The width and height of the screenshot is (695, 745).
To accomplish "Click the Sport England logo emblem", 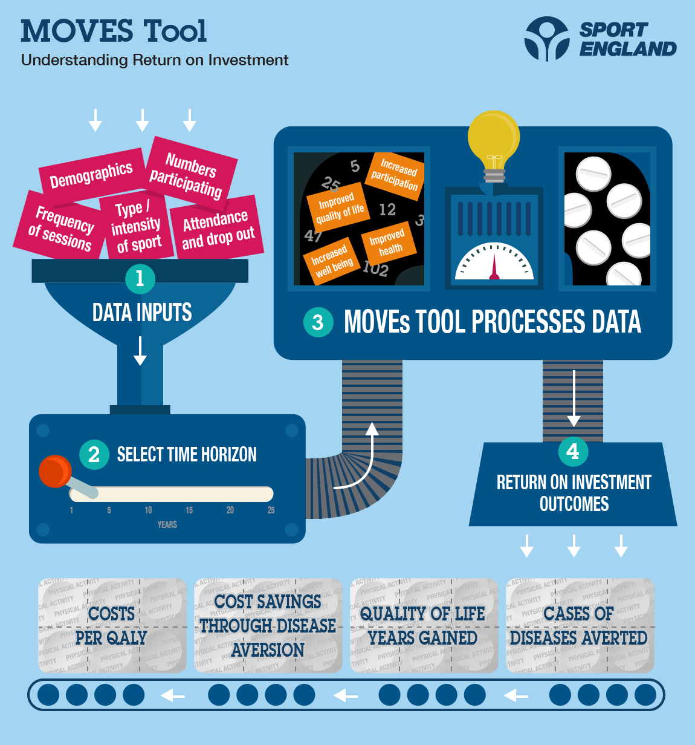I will point(546,39).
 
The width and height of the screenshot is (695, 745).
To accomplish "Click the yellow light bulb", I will point(494,138).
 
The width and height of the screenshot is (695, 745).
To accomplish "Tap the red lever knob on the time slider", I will point(55,471).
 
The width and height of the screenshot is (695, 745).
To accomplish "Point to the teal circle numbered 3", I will point(318,322).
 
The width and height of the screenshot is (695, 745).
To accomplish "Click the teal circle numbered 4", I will point(573,451).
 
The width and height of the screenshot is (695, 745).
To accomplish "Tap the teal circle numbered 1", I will point(140,278).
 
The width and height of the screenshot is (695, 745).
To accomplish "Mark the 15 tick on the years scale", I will point(189,510).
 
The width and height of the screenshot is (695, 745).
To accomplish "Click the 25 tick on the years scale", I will point(271,510).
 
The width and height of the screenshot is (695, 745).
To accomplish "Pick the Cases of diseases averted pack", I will point(579,626).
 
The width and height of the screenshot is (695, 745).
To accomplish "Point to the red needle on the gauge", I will point(494,266).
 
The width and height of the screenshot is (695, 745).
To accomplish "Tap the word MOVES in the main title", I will point(77,31).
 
